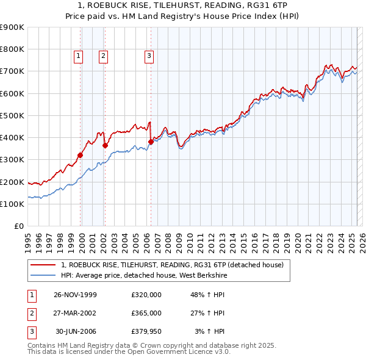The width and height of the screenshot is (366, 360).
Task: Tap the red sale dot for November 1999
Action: pos(81,155)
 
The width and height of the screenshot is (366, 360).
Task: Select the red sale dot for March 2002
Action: pos(105,145)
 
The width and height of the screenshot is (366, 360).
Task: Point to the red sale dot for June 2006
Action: pos(151,142)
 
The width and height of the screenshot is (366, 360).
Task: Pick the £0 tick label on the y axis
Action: pos(20,226)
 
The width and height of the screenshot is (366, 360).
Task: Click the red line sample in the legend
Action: pos(43,265)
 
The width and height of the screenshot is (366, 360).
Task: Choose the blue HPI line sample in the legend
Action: pos(43,275)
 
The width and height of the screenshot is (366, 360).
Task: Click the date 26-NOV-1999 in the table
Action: pos(75,295)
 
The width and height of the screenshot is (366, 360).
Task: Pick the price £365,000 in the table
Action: pos(146,313)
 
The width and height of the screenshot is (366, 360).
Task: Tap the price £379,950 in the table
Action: pos(146,331)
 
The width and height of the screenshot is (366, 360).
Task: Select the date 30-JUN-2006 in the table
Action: pos(77,331)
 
